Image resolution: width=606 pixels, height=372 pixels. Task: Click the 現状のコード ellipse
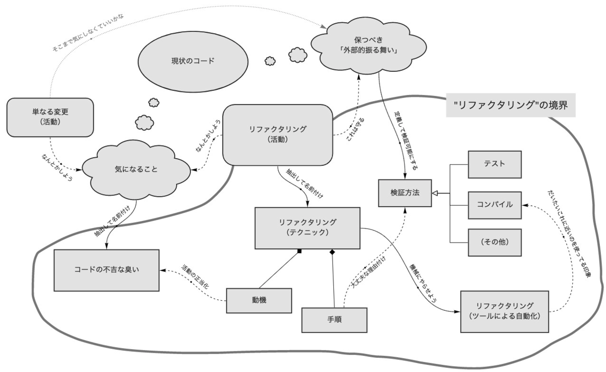coord(193,61)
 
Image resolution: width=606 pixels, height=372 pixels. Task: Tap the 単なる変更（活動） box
coord(50,117)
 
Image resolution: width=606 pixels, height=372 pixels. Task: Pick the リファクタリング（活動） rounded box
coord(277,134)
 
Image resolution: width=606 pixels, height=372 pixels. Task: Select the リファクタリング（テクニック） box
coord(307,227)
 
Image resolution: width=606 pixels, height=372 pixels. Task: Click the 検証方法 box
coord(405,193)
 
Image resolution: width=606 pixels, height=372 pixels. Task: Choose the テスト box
coord(494,164)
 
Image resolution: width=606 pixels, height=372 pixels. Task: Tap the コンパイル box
coord(494,205)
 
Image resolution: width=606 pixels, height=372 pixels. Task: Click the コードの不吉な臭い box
coord(107,269)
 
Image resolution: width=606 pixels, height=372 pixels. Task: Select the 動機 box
coord(259,300)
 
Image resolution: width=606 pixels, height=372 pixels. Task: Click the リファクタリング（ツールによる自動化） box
coord(504,311)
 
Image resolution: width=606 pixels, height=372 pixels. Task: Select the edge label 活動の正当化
coord(194,276)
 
